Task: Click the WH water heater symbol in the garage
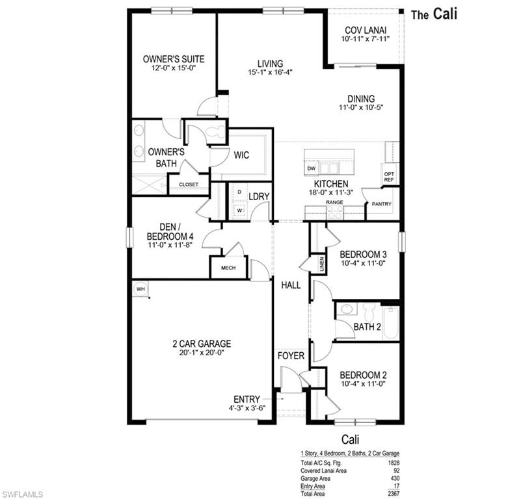point(140,288)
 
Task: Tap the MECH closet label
point(228,268)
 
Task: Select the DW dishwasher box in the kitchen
point(312,168)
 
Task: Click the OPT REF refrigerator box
point(389,176)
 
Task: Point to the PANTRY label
point(381,204)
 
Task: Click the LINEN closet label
point(321,264)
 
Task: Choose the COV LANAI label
point(365,30)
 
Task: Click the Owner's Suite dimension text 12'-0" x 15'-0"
point(169,68)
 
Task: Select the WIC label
point(241,155)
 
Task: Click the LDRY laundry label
point(259,196)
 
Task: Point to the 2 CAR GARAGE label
point(202,344)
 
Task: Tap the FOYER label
point(291,356)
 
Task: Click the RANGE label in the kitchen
point(334,203)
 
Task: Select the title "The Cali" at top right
point(434,14)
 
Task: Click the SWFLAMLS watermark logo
point(23,494)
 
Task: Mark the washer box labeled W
point(239,210)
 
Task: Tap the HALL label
point(290,285)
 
